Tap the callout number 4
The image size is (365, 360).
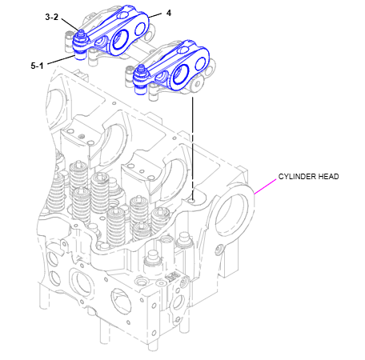[169, 14]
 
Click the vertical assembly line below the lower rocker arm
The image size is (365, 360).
[193, 144]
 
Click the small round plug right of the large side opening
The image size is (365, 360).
[219, 251]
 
